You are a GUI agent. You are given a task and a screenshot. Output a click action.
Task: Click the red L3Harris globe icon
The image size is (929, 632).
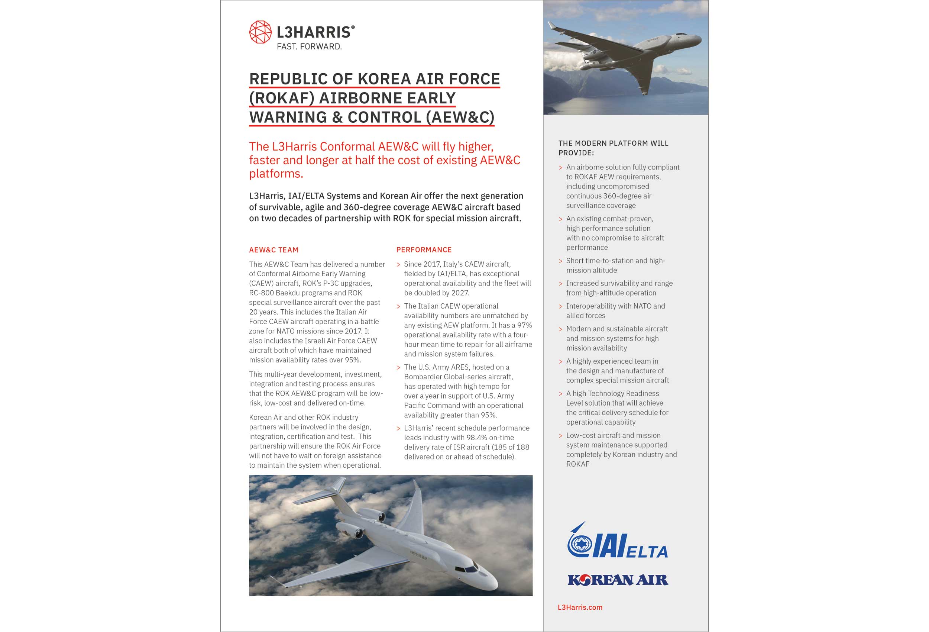tap(260, 32)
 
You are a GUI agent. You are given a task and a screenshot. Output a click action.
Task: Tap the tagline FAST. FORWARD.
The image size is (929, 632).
tap(309, 47)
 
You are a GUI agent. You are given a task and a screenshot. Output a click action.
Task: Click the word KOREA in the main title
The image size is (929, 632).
tap(384, 79)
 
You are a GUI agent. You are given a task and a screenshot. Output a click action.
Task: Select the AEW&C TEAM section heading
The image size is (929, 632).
tap(273, 250)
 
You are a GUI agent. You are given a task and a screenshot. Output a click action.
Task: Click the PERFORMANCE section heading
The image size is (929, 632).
tap(424, 250)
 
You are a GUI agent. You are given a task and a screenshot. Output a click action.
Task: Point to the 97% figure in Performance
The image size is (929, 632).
tap(524, 325)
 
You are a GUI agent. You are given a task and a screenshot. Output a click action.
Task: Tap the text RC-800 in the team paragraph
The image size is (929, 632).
tap(262, 293)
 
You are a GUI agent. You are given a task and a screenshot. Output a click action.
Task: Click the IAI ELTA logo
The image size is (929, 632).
tap(617, 542)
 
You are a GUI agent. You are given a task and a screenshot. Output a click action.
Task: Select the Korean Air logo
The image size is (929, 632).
tap(618, 580)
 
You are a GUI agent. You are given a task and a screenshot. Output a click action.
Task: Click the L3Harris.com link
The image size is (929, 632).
tap(580, 607)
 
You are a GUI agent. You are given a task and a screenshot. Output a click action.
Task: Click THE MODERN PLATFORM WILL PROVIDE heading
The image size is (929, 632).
tap(613, 148)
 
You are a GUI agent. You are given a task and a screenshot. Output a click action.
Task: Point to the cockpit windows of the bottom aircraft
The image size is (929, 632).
tap(466, 569)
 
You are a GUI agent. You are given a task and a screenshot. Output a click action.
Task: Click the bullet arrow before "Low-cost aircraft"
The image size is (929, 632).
tap(560, 436)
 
